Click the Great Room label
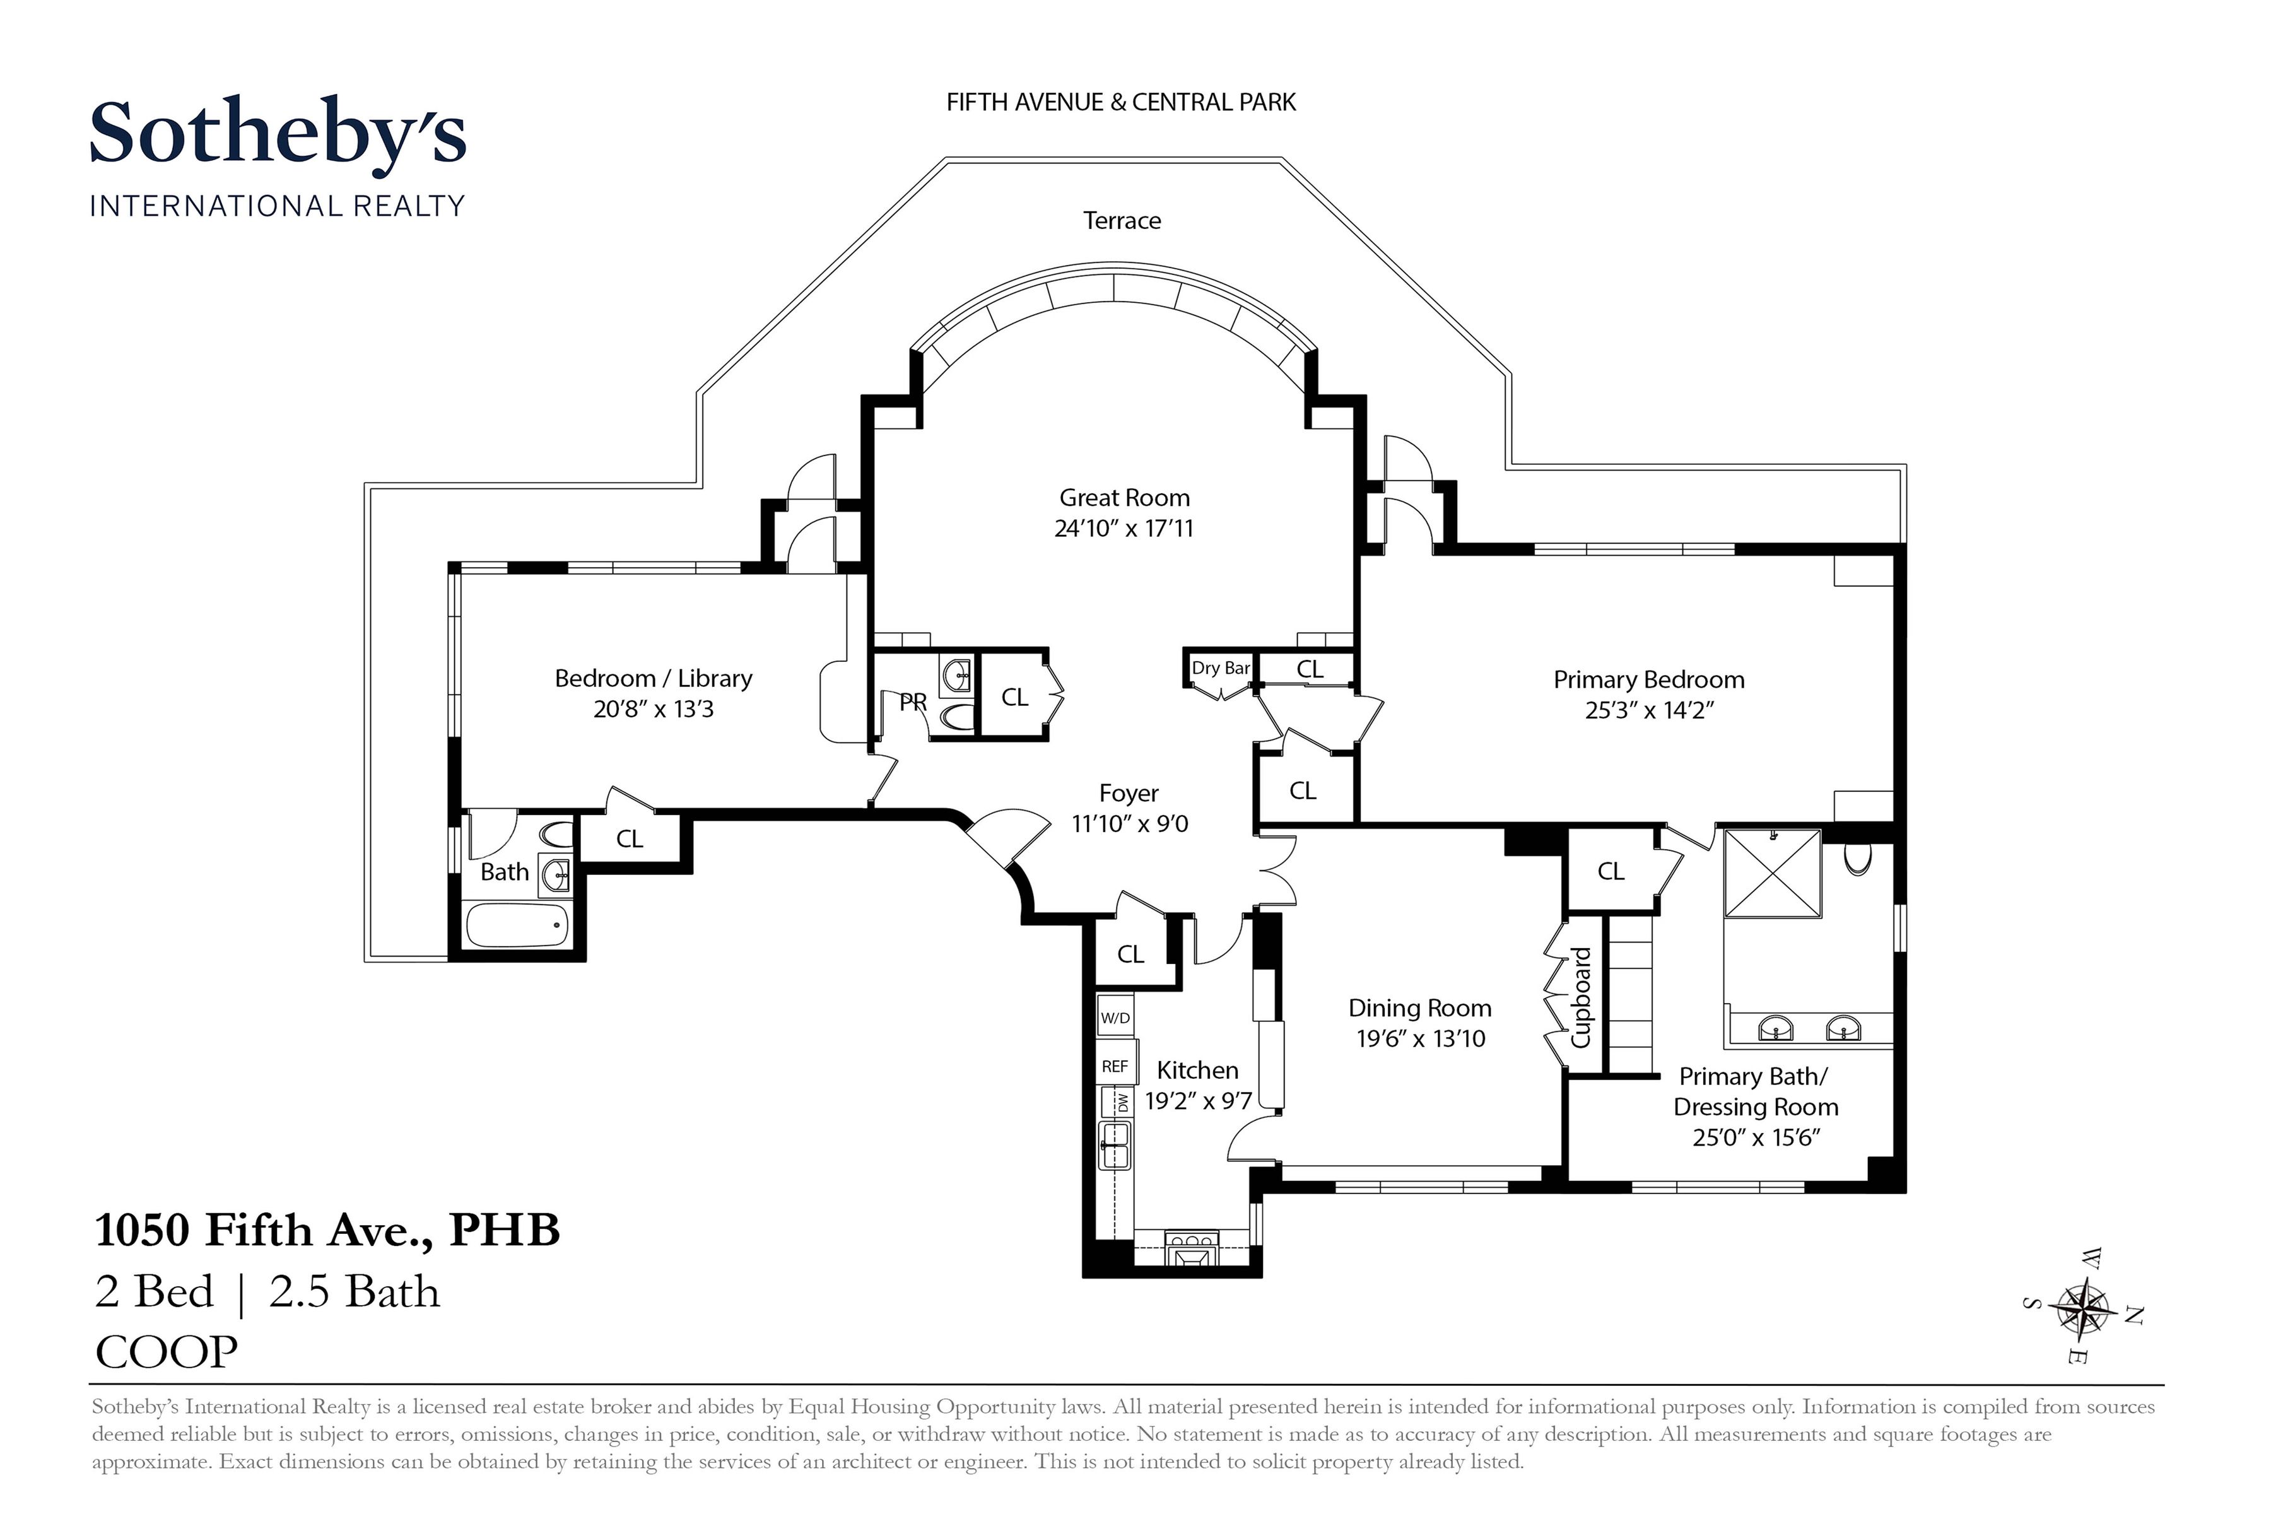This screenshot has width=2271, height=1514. (1124, 498)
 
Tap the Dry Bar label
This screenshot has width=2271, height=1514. (1221, 668)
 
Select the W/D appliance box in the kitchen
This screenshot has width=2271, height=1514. (1115, 1018)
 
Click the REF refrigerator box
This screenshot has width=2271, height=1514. (1115, 1066)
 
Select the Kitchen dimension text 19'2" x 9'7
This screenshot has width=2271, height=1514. (1198, 1101)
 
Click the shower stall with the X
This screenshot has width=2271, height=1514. (1773, 873)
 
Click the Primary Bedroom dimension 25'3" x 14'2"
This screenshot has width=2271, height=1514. (1649, 711)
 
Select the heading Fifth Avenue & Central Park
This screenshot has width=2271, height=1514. (1120, 102)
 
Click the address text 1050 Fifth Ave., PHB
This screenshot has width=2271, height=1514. (327, 1230)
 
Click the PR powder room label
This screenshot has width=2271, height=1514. (912, 703)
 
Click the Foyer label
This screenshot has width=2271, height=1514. (1128, 794)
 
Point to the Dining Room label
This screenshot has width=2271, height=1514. (1419, 1008)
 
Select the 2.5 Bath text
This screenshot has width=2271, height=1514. (355, 1292)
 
